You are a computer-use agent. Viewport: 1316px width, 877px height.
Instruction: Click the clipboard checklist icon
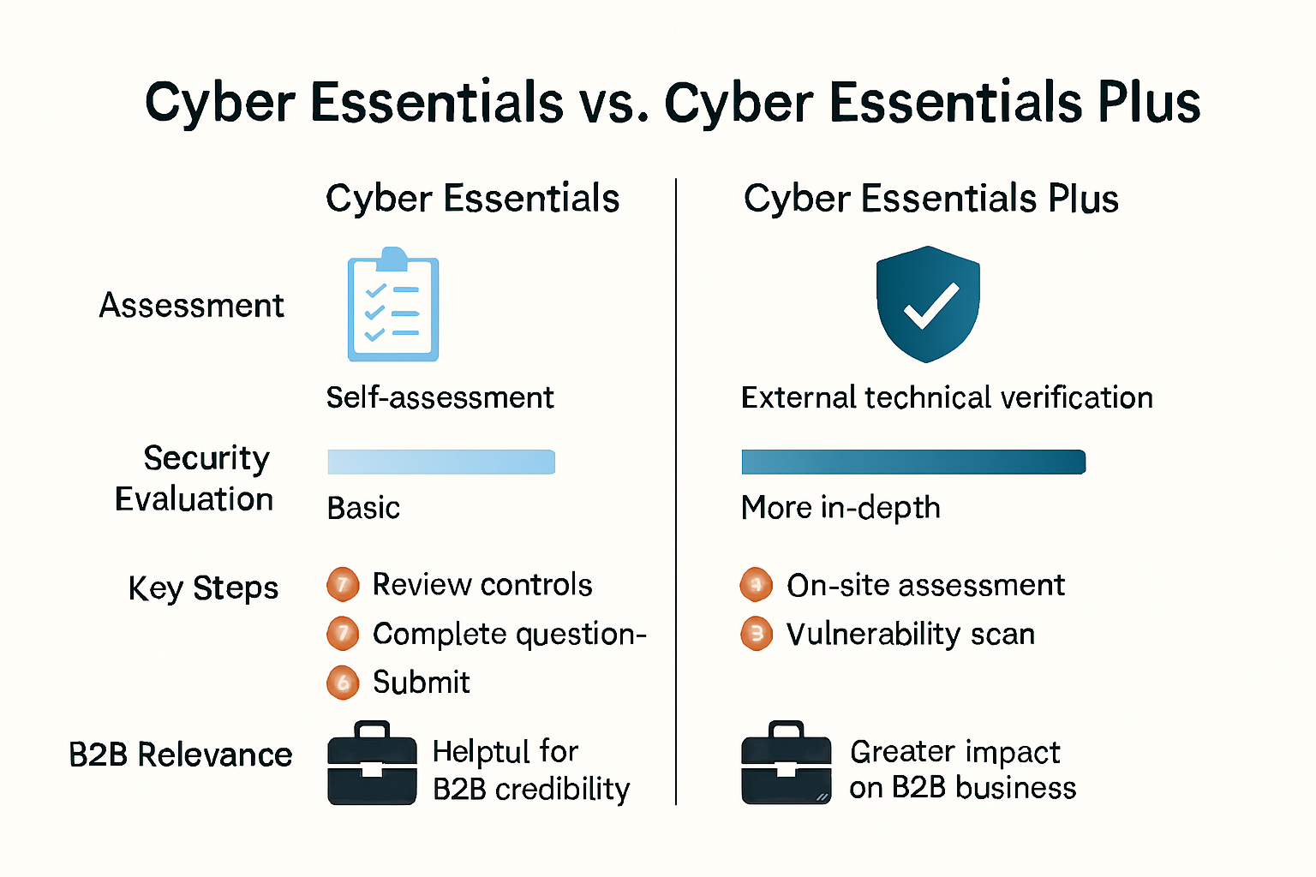point(393,305)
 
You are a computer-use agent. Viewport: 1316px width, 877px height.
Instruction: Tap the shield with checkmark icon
point(928,303)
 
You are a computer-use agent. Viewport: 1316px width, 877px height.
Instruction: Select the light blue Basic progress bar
point(441,462)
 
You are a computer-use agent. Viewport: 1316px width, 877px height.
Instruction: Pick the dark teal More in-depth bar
point(913,462)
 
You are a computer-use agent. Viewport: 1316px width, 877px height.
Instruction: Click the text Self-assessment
point(440,397)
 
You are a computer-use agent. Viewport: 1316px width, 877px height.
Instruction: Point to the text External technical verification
point(947,397)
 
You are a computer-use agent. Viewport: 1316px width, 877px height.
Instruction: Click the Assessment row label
point(191,306)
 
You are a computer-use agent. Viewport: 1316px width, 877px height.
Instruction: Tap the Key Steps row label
point(203,588)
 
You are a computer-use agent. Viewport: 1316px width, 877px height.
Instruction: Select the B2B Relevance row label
point(180,755)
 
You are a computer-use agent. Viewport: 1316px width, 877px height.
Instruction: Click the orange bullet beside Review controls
point(343,585)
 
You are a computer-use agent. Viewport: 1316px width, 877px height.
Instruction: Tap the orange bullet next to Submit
point(343,683)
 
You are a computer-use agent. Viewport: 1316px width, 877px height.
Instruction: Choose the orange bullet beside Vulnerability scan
point(757,635)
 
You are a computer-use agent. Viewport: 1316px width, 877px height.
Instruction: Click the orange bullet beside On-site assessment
point(757,585)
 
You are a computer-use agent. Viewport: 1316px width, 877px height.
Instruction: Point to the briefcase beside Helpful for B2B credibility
point(372,763)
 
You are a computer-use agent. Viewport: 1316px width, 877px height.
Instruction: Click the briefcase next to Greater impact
point(786,763)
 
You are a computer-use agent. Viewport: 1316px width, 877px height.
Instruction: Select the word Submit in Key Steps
point(421,683)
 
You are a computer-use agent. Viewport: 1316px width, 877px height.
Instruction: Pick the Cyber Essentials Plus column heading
point(930,199)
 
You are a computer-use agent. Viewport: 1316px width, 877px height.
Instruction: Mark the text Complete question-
point(509,634)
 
